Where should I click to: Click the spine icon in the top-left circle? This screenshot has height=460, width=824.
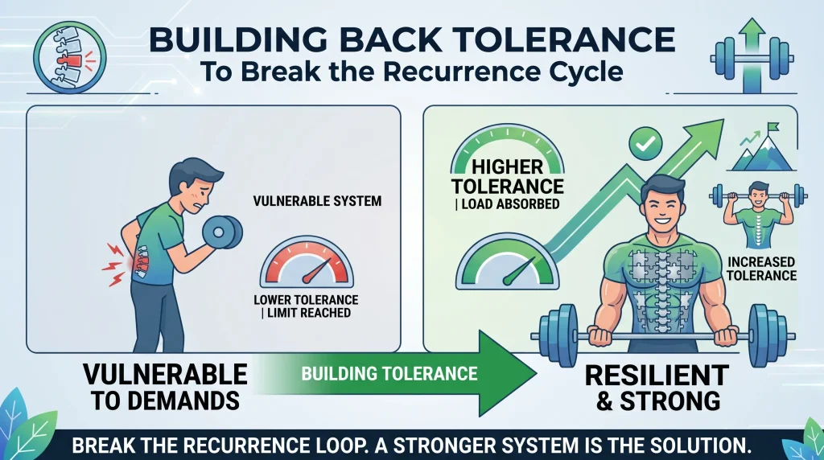(x=69, y=57)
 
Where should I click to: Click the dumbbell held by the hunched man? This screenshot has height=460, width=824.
(x=222, y=232)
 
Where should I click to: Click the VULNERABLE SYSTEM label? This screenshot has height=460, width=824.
(x=317, y=201)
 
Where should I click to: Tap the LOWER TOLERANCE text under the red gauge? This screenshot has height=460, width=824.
(x=306, y=300)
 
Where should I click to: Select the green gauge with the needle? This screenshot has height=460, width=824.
(x=507, y=261)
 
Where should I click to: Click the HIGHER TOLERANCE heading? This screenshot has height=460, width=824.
(x=508, y=176)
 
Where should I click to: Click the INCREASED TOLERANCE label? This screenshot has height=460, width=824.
(x=761, y=269)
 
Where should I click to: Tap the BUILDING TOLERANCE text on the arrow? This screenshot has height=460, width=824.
(x=389, y=373)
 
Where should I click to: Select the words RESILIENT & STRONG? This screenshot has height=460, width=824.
(x=657, y=388)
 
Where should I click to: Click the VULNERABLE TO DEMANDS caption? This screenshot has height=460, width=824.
(x=165, y=387)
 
